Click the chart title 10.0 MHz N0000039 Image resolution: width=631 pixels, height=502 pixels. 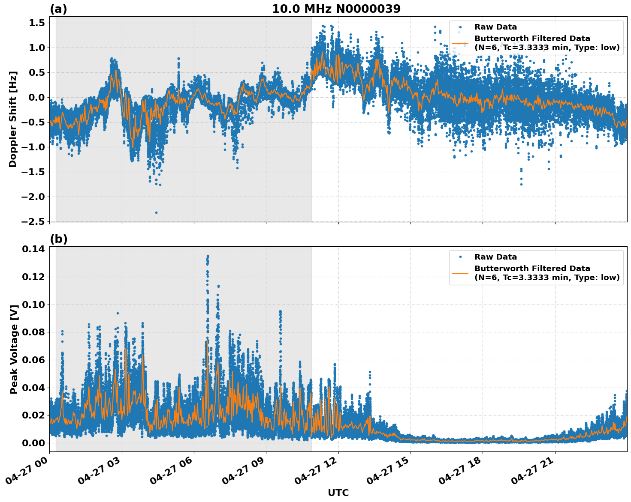[336, 9]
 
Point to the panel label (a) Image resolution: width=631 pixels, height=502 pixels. [58, 9]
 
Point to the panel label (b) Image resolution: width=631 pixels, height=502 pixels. [58, 239]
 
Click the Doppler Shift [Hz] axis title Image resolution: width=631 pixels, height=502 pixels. [13, 119]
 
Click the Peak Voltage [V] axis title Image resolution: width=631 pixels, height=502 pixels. [14, 349]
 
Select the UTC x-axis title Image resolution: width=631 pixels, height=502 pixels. [338, 493]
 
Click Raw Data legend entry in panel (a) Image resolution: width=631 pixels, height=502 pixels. [495, 27]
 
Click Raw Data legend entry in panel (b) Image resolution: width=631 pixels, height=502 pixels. [495, 257]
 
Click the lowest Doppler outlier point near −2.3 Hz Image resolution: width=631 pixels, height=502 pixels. [156, 212]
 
